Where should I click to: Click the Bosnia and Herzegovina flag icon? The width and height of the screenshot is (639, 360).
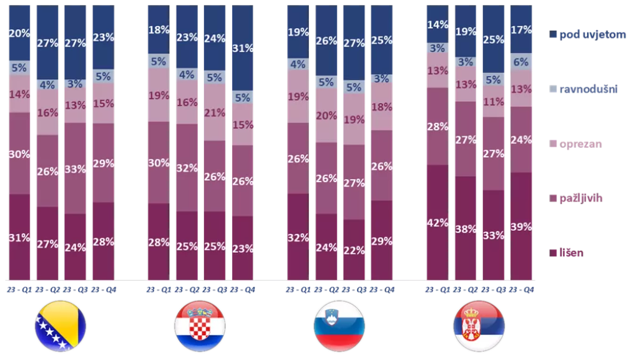(x=61, y=326)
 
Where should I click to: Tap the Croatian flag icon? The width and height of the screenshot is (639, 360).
(x=199, y=326)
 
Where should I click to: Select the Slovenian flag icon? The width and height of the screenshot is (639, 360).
(x=339, y=326)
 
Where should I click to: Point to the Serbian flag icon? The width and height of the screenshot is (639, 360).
(x=479, y=326)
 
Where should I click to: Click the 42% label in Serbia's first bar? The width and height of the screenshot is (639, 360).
(x=437, y=223)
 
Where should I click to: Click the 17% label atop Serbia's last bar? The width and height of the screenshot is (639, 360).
(x=521, y=29)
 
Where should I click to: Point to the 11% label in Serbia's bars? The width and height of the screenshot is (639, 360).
(x=493, y=101)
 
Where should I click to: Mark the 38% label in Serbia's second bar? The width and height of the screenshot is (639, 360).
(x=466, y=228)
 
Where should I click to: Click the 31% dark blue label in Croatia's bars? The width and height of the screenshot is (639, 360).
(x=243, y=47)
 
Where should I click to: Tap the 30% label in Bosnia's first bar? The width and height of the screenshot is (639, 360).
(x=19, y=153)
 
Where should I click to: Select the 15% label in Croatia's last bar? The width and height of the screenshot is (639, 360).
(x=243, y=124)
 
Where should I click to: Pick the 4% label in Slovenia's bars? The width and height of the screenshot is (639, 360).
(x=297, y=64)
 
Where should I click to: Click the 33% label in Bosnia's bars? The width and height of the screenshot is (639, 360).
(x=76, y=168)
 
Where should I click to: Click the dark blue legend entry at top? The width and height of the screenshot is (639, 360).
(x=588, y=34)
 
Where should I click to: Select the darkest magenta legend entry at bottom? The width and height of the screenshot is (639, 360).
(x=567, y=253)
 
